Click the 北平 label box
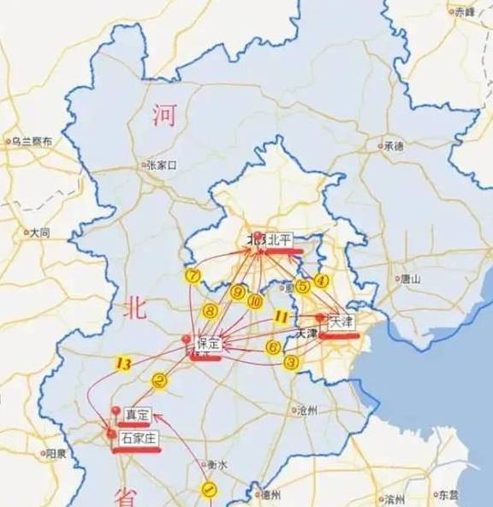(280, 240)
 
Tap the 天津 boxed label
(341, 321)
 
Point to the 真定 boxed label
(137, 415)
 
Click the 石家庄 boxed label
(139, 438)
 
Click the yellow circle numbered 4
(322, 280)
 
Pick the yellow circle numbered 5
(302, 287)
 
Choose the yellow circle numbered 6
(273, 346)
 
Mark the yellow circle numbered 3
(292, 362)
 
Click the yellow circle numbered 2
(159, 380)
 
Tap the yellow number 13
(122, 364)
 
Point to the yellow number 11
(280, 316)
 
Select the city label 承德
(393, 145)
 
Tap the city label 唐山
(410, 279)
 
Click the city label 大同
(39, 233)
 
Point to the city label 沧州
(306, 410)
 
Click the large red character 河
(163, 114)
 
